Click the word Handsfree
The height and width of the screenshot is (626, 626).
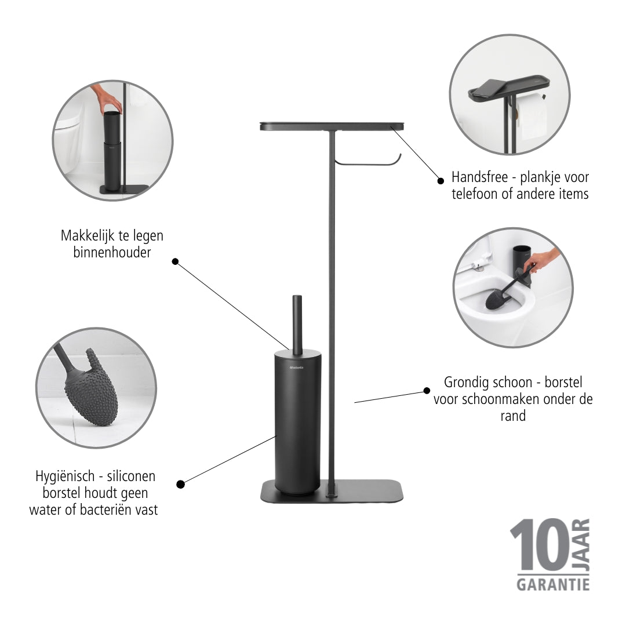pos(479,177)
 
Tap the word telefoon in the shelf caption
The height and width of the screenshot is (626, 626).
pos(475,194)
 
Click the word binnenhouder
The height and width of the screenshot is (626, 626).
pos(112,252)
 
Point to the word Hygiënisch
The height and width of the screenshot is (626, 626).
pos(65,476)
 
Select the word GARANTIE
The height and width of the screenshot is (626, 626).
pos(553,585)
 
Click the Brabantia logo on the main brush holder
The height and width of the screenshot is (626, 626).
pos(296,367)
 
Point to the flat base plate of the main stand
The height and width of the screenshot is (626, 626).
pos(332,492)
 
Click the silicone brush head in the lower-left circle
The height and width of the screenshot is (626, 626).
pos(92,388)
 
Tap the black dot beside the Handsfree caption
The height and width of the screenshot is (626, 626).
pos(441,181)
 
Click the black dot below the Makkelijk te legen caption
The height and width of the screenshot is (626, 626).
pos(175,261)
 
